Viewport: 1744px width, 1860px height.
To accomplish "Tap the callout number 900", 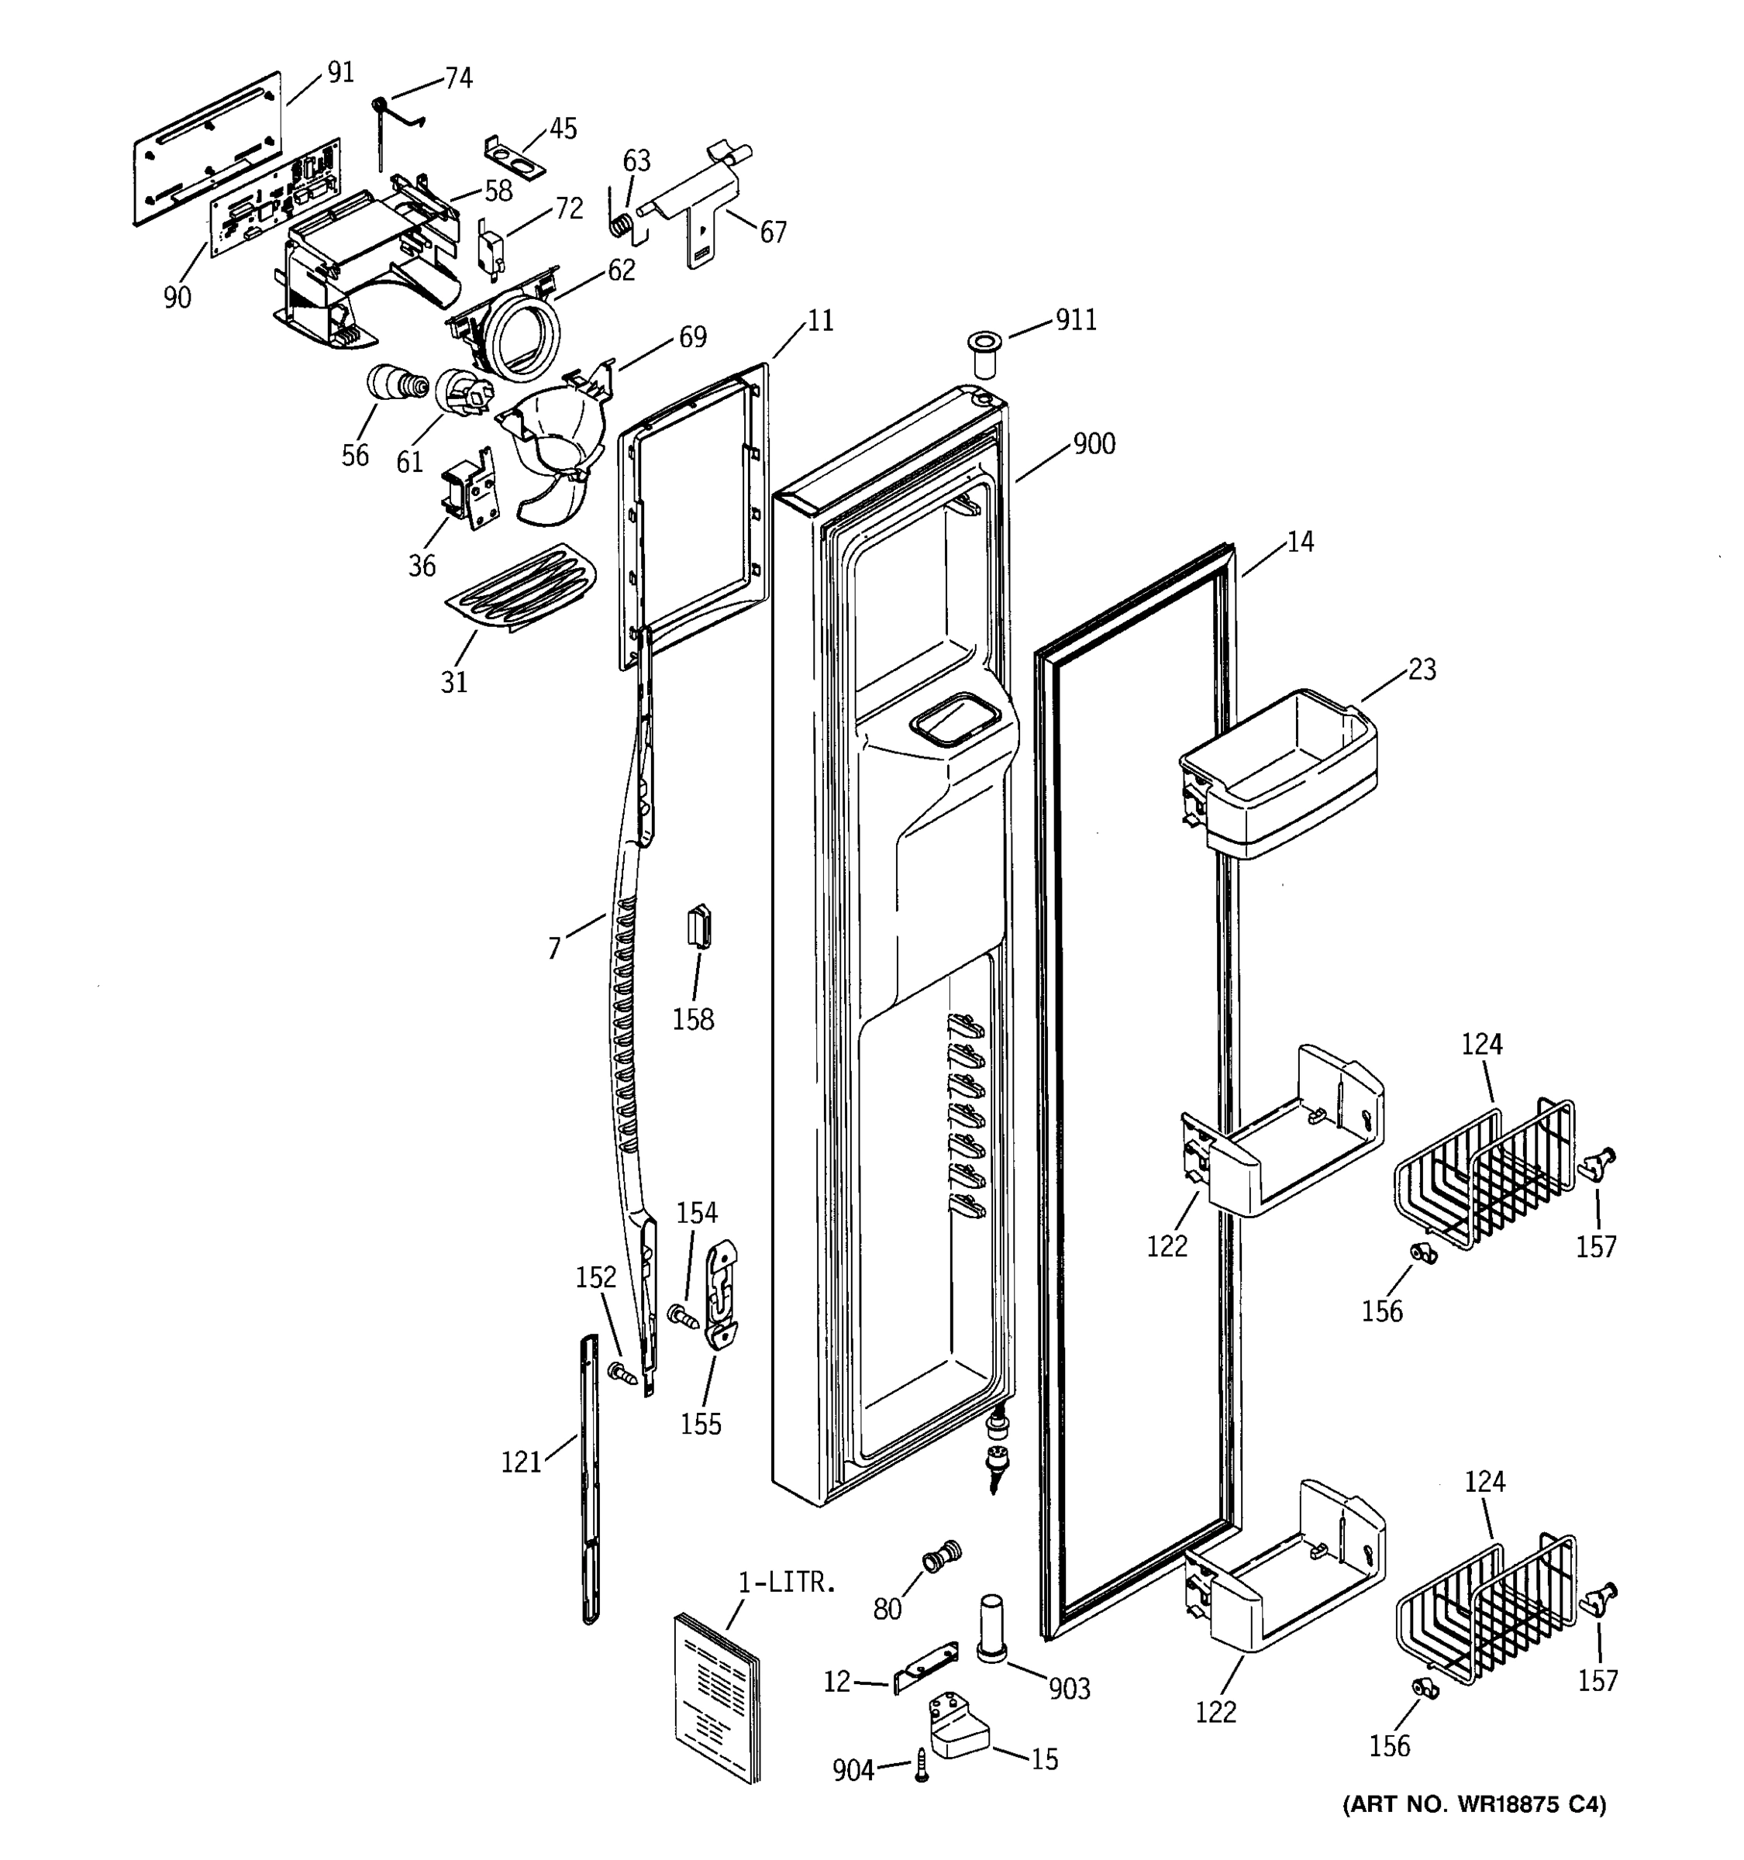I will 1094,443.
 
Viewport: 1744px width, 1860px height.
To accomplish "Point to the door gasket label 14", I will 1300,542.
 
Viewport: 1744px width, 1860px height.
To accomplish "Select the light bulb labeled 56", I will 393,384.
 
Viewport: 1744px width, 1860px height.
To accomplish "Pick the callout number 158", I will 692,1020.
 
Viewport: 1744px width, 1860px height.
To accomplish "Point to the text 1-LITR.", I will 786,1583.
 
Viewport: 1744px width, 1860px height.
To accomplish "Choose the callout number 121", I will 521,1462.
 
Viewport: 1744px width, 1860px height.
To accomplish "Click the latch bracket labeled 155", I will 722,1295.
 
